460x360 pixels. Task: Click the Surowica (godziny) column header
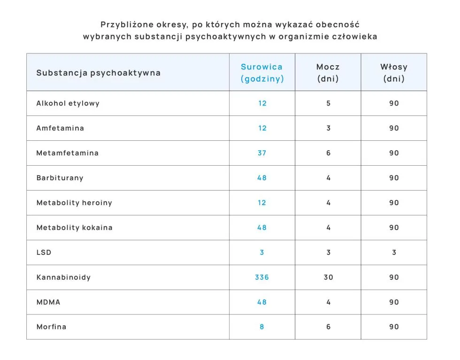(262, 73)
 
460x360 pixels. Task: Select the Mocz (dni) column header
(328, 73)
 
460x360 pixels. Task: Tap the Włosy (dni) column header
(393, 73)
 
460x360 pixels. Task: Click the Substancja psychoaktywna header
(99, 73)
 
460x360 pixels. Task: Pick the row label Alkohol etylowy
(68, 103)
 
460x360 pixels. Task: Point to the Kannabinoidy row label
(63, 277)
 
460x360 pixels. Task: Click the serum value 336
(262, 277)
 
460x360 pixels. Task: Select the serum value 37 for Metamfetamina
(262, 153)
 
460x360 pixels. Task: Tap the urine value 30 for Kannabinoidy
(328, 277)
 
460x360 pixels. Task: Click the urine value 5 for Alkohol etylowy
(328, 103)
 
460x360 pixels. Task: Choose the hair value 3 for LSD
(394, 253)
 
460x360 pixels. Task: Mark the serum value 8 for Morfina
(262, 327)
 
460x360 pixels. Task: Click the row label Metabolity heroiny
(74, 203)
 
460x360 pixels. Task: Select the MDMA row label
(48, 302)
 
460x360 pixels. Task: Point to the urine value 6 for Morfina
(328, 327)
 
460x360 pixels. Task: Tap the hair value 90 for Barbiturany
(394, 178)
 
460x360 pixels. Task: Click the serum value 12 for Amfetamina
(262, 128)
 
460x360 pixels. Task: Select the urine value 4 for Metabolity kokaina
(328, 228)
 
